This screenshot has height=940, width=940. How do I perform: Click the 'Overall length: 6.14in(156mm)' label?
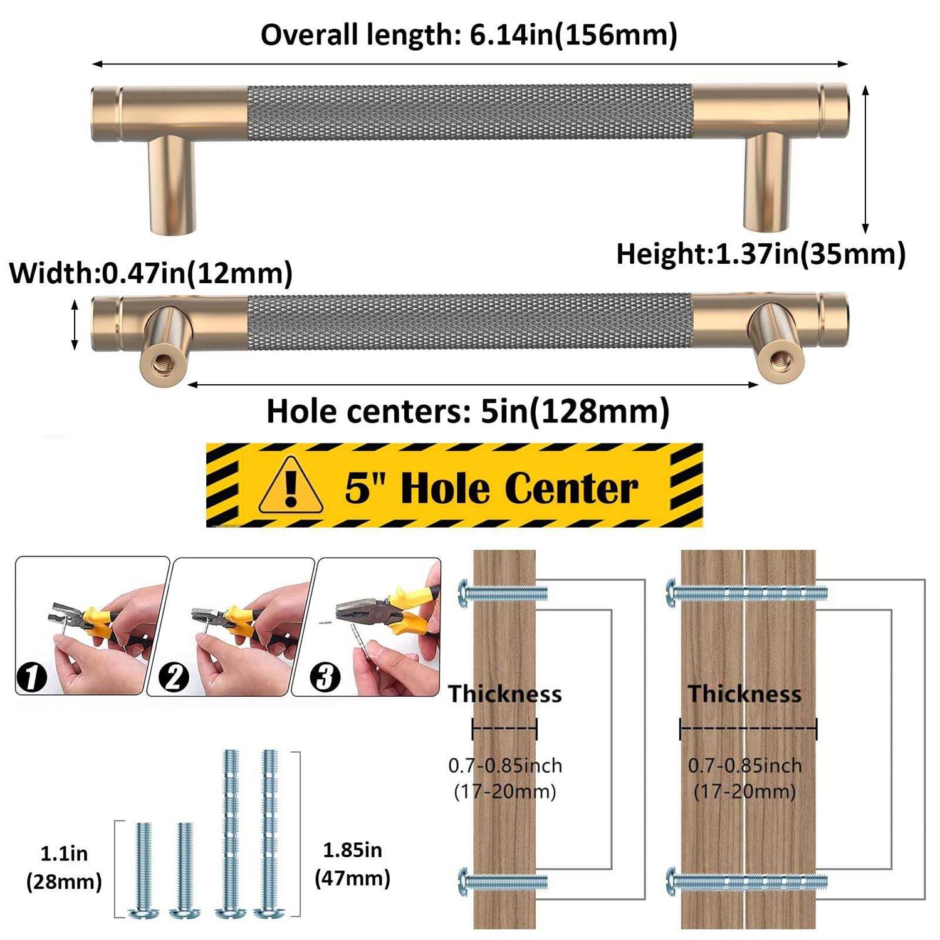click(469, 34)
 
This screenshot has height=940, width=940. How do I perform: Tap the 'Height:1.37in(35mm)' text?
click(761, 254)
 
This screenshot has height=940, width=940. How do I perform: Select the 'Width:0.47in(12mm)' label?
click(151, 273)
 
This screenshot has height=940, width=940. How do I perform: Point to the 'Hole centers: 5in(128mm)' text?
click(468, 412)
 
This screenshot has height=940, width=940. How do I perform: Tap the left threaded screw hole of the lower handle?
click(157, 362)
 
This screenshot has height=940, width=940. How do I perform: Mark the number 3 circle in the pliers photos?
click(325, 677)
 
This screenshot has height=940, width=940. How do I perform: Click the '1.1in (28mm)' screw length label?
click(64, 867)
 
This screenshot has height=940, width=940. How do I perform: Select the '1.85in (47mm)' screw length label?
click(352, 864)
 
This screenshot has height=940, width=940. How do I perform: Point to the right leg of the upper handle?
click(768, 182)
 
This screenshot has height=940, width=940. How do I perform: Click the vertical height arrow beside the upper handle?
click(865, 159)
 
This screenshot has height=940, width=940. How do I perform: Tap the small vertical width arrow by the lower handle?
click(75, 325)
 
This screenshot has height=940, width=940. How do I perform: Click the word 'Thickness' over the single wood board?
click(504, 694)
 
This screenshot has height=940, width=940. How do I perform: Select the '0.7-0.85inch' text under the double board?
click(744, 765)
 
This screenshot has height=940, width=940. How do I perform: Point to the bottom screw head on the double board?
click(672, 882)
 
